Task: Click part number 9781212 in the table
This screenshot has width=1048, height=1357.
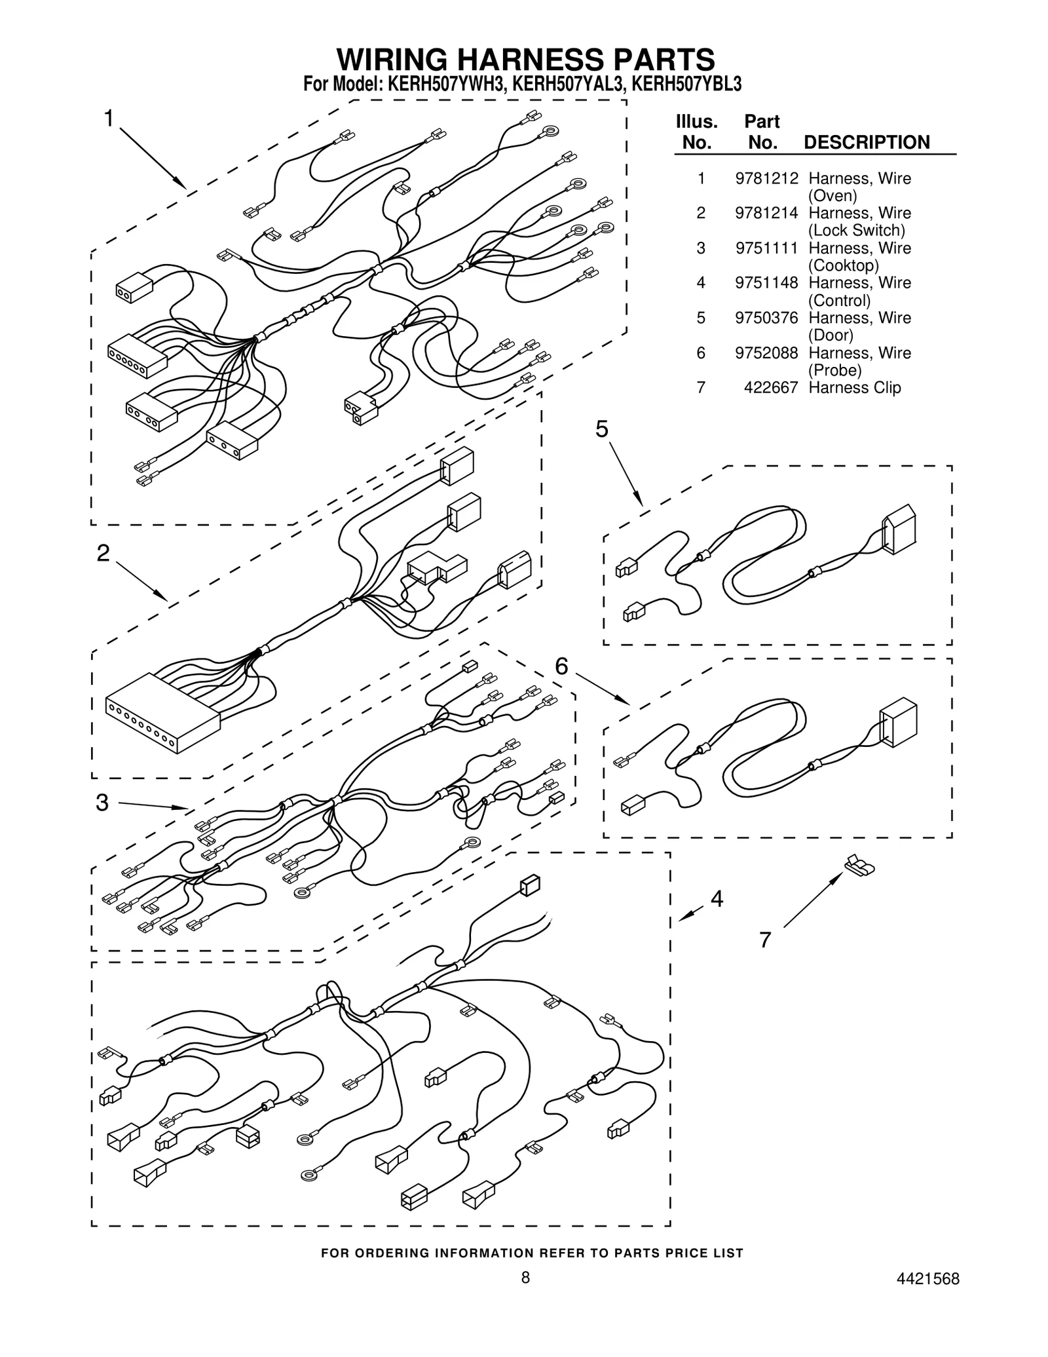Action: [x=766, y=178]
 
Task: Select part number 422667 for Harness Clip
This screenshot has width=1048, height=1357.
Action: [x=771, y=387]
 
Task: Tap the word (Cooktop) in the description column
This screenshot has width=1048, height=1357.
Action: [x=843, y=265]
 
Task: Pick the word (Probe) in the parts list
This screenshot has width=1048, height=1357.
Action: [x=834, y=370]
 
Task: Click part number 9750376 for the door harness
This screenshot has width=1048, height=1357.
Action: [x=766, y=318]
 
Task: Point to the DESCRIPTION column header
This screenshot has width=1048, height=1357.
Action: [x=866, y=142]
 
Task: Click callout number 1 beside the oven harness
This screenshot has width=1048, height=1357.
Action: [x=109, y=119]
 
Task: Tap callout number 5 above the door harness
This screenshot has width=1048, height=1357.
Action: [x=601, y=429]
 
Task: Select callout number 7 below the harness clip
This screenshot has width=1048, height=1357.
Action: [x=765, y=940]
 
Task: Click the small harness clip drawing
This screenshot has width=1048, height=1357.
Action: [x=860, y=866]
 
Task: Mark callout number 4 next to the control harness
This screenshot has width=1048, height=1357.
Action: [x=717, y=899]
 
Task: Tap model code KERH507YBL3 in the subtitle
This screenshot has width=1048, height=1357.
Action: [x=686, y=85]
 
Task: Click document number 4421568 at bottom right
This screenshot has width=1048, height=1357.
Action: [x=929, y=1297]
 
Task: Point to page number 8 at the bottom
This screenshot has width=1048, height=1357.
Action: [x=525, y=1296]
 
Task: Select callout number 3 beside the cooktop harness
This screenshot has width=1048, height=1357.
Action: [x=102, y=803]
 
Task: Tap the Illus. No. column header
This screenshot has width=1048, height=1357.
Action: [x=696, y=132]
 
